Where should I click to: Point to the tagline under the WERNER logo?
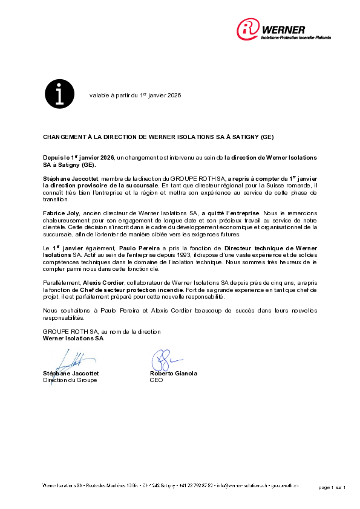click(296, 37)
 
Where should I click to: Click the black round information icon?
click(60, 94)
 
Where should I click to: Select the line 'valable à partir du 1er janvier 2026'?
click(135, 96)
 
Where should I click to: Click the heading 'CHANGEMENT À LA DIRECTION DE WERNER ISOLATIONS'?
click(157, 138)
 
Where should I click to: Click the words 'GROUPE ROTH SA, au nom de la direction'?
click(101, 332)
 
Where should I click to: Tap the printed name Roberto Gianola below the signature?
click(173, 374)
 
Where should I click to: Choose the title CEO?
click(156, 380)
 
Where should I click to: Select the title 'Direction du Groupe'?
click(70, 380)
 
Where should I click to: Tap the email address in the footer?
click(242, 485)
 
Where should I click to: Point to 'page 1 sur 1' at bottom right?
click(331, 487)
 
